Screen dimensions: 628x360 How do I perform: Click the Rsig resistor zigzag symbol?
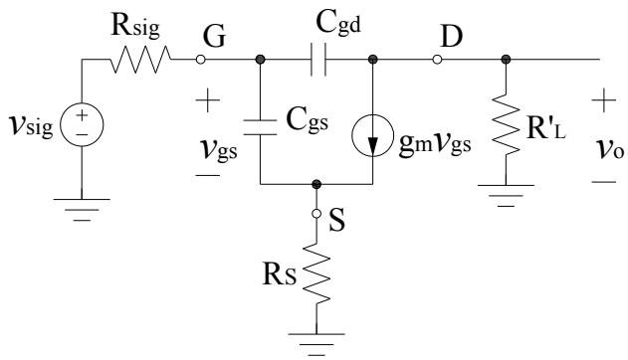140,60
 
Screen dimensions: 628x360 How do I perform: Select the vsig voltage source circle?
82,124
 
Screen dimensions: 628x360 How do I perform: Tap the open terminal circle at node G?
201,60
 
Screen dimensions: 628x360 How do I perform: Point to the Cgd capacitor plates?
318,60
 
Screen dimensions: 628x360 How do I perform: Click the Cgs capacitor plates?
261,127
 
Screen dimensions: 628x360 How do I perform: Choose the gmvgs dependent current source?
373,135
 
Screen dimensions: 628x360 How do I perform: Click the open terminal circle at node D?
437,60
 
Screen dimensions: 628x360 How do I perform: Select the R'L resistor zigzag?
506,125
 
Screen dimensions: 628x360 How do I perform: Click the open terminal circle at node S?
316,214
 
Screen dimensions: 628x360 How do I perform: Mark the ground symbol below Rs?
316,344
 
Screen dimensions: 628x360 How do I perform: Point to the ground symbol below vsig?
82,210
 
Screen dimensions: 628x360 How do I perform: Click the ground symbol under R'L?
506,196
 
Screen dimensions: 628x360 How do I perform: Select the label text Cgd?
338,23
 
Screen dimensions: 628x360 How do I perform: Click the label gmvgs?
435,144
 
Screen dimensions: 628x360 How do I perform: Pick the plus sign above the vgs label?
207,100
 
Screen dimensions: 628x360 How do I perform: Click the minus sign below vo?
603,182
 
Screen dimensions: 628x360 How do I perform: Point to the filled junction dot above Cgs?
261,60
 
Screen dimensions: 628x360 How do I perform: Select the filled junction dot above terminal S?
316,184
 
